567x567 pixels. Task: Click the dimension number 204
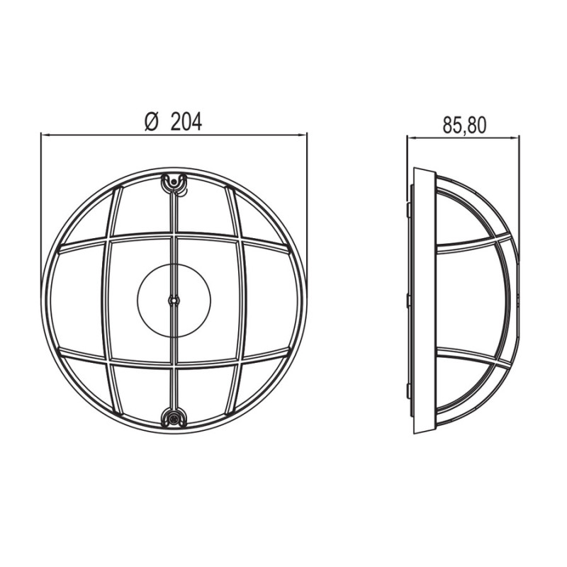click(186, 121)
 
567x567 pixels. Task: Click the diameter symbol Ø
click(152, 121)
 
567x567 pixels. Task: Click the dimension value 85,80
click(464, 125)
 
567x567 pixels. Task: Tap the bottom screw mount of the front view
click(174, 419)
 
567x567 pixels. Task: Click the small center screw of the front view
click(174, 300)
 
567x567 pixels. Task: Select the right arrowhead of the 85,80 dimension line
click(515, 137)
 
